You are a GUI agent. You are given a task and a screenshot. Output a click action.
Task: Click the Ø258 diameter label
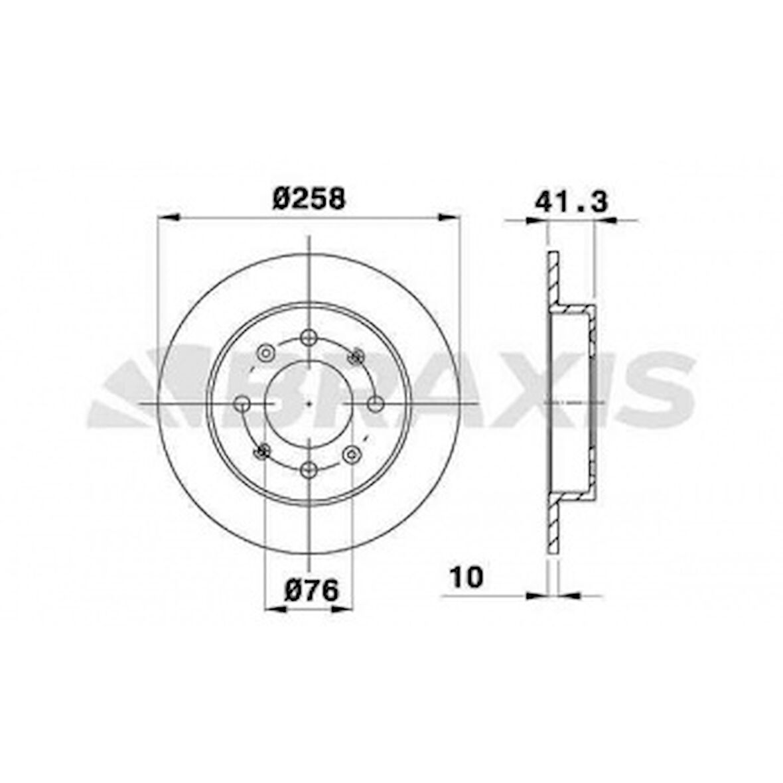tap(309, 198)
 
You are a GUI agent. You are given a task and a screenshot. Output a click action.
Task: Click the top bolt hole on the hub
tap(309, 337)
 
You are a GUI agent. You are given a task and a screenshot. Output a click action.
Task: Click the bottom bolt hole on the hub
tap(309, 470)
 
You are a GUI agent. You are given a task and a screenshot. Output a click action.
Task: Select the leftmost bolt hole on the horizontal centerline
tap(243, 403)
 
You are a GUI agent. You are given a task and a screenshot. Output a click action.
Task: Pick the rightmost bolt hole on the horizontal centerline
tap(375, 403)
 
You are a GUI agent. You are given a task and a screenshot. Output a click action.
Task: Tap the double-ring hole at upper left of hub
tap(265, 352)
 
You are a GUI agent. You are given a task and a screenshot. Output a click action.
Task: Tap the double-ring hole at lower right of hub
tap(352, 455)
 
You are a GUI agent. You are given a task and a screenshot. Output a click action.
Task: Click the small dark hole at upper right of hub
tap(356, 357)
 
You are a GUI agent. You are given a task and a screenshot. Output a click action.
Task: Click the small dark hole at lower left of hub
tap(262, 452)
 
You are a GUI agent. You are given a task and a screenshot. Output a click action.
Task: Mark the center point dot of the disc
tap(309, 403)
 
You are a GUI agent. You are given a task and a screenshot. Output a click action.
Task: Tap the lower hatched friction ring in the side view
tap(553, 531)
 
